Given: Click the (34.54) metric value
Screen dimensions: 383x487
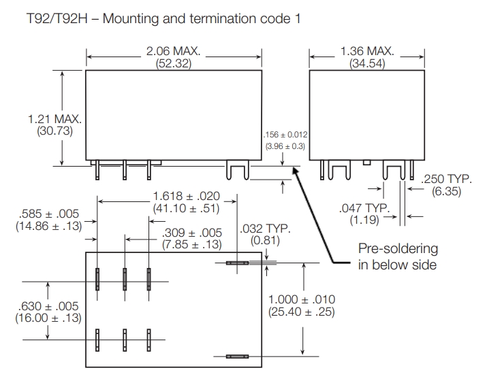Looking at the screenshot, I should (x=368, y=64).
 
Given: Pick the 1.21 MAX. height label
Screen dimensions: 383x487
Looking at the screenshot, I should (x=54, y=119).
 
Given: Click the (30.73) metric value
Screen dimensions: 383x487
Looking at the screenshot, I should (x=54, y=131).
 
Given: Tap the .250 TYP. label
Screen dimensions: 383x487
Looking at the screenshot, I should (x=447, y=180).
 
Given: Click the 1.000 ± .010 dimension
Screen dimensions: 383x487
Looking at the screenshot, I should (x=302, y=299).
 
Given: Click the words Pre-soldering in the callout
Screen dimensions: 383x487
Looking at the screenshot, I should (x=398, y=249).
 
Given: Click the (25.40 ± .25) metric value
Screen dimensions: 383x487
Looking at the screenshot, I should (x=302, y=312).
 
